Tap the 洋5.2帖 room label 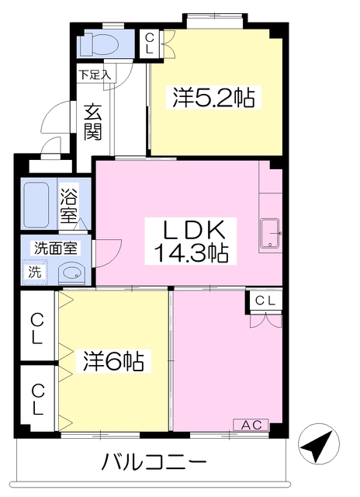coord(213,98)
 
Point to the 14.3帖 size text coord(191,252)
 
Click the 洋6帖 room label coord(113,360)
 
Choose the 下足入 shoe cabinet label coord(95,75)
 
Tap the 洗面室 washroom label coord(56,248)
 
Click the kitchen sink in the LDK coord(270,233)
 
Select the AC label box coord(251,425)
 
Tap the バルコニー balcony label coord(154,461)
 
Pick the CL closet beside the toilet coord(149,43)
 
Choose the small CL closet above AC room coord(264,301)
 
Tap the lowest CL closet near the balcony coord(37,399)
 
